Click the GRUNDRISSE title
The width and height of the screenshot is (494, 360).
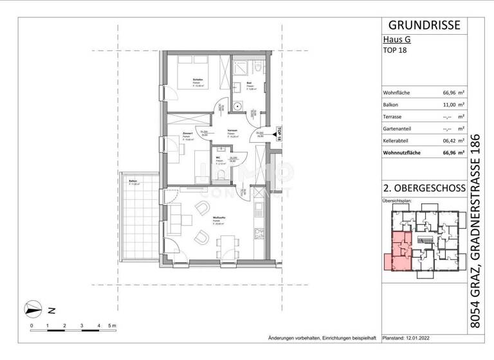(x=425, y=25)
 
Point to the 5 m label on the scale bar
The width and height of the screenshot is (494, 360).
(x=113, y=326)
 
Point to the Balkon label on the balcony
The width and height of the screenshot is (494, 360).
(x=133, y=182)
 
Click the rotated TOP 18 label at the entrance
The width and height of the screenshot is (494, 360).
(x=280, y=134)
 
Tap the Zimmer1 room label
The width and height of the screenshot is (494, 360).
(x=189, y=134)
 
